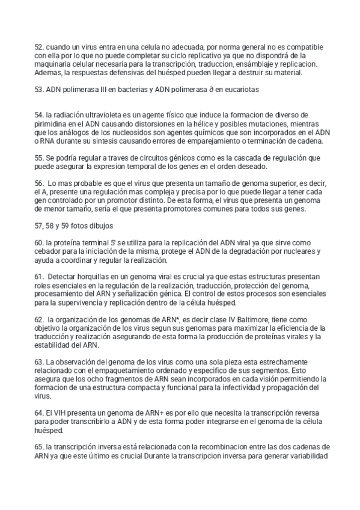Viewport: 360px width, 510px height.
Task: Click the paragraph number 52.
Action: (x=39, y=46)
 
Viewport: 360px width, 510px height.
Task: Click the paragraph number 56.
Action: (x=39, y=182)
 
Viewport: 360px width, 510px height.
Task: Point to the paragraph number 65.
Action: (x=39, y=448)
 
